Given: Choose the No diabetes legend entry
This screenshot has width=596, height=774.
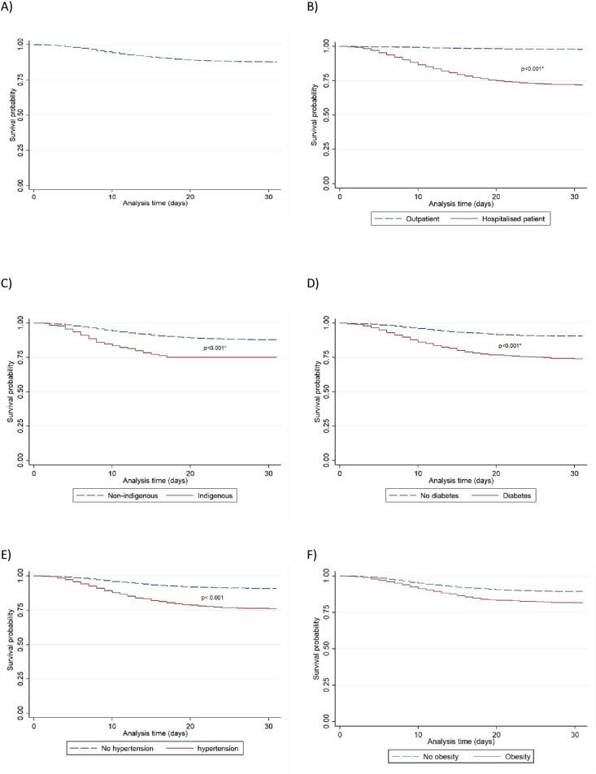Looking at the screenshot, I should coord(419,495).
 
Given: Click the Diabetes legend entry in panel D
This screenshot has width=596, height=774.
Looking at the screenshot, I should coord(517,495).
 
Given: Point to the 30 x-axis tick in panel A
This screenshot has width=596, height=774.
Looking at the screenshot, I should coord(268,197).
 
